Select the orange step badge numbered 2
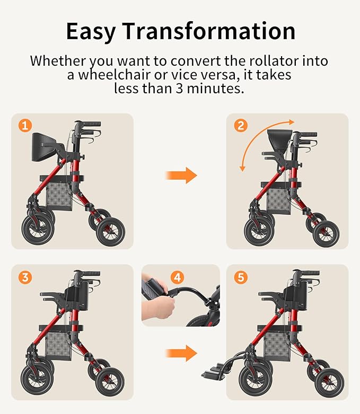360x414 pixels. (241, 126)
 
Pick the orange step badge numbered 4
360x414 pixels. (177, 277)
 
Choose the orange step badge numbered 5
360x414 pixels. (241, 277)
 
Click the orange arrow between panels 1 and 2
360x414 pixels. (180, 175)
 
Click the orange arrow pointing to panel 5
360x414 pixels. (180, 352)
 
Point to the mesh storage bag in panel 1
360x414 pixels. (58, 196)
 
